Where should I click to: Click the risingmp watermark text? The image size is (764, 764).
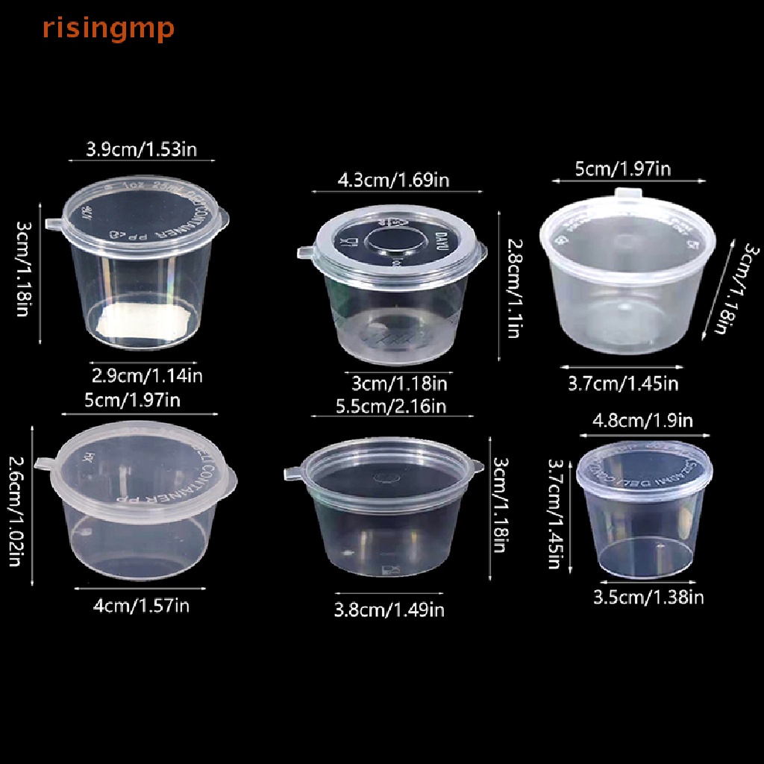click(x=108, y=28)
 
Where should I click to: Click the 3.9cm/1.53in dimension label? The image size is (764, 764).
click(x=141, y=149)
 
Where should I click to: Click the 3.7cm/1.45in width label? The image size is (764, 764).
click(x=623, y=383)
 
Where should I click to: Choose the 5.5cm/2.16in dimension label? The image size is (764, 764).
click(x=391, y=406)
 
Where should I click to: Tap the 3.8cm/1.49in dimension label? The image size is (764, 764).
click(x=389, y=610)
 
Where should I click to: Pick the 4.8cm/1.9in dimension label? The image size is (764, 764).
click(x=642, y=421)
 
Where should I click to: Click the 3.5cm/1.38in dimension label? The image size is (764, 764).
click(x=648, y=596)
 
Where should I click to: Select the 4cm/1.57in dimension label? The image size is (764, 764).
click(x=141, y=605)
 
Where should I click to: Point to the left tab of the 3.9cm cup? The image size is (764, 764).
click(x=52, y=224)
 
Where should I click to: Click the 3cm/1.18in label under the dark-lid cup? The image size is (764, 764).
click(x=398, y=383)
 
